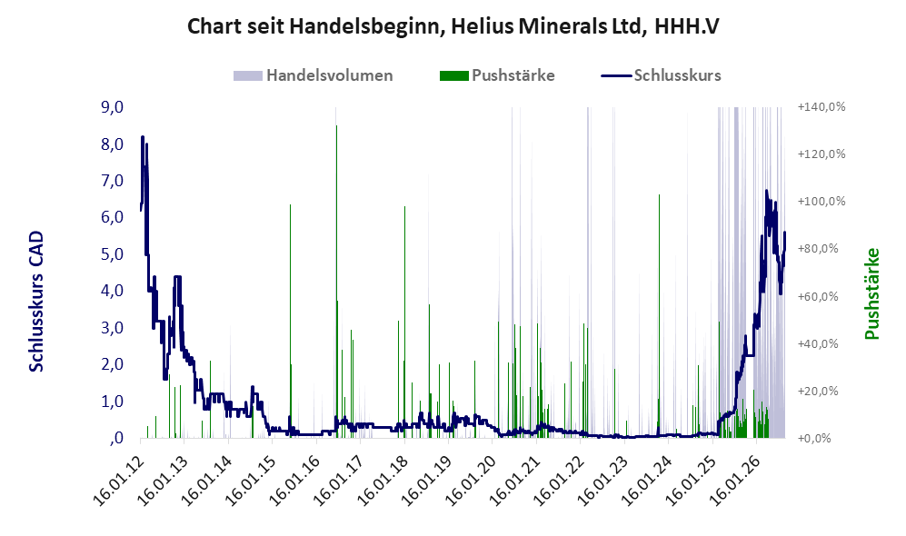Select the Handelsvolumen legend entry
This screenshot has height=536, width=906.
point(313,75)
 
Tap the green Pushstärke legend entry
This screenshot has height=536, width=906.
point(497,75)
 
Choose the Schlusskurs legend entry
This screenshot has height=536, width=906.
point(661,75)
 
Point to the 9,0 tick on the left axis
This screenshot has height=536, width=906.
point(112,107)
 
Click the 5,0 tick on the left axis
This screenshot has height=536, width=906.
point(112,254)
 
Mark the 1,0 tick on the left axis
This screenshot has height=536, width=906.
point(112,402)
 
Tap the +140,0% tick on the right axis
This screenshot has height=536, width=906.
point(821,107)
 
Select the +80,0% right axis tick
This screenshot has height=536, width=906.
point(821,249)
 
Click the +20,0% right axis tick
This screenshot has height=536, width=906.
point(821,391)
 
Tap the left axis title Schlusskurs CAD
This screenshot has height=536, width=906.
point(35,302)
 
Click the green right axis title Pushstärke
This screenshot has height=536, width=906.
point(871,294)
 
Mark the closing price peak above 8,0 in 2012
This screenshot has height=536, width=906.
point(142,137)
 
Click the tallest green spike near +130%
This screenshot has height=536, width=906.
point(336,126)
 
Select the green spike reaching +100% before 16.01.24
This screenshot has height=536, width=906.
point(659,195)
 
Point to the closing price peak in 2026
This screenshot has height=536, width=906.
point(767,191)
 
